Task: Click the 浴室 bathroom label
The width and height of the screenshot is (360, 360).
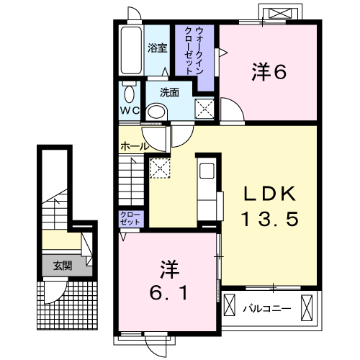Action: click(x=157, y=48)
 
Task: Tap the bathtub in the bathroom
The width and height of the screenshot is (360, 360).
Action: click(x=131, y=50)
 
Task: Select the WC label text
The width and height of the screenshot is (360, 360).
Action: click(x=130, y=111)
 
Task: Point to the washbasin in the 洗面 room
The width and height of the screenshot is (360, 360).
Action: click(x=156, y=112)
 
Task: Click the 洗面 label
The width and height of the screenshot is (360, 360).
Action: click(x=169, y=92)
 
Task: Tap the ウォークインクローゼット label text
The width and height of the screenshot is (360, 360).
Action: click(x=194, y=50)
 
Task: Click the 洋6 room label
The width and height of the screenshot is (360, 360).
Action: click(x=269, y=71)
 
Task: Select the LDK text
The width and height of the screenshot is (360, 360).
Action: click(x=269, y=194)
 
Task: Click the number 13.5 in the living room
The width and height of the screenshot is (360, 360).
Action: click(x=271, y=219)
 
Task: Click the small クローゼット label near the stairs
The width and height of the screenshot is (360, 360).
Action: click(x=130, y=218)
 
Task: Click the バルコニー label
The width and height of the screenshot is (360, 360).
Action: click(x=267, y=308)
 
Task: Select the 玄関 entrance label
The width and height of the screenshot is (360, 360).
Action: click(x=63, y=266)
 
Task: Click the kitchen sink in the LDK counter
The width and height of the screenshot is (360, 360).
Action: click(x=207, y=171)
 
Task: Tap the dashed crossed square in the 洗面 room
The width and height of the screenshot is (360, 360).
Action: click(x=204, y=109)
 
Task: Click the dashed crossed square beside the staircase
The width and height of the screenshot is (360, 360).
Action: click(x=160, y=168)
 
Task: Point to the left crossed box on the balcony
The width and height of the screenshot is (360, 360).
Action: click(x=230, y=305)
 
